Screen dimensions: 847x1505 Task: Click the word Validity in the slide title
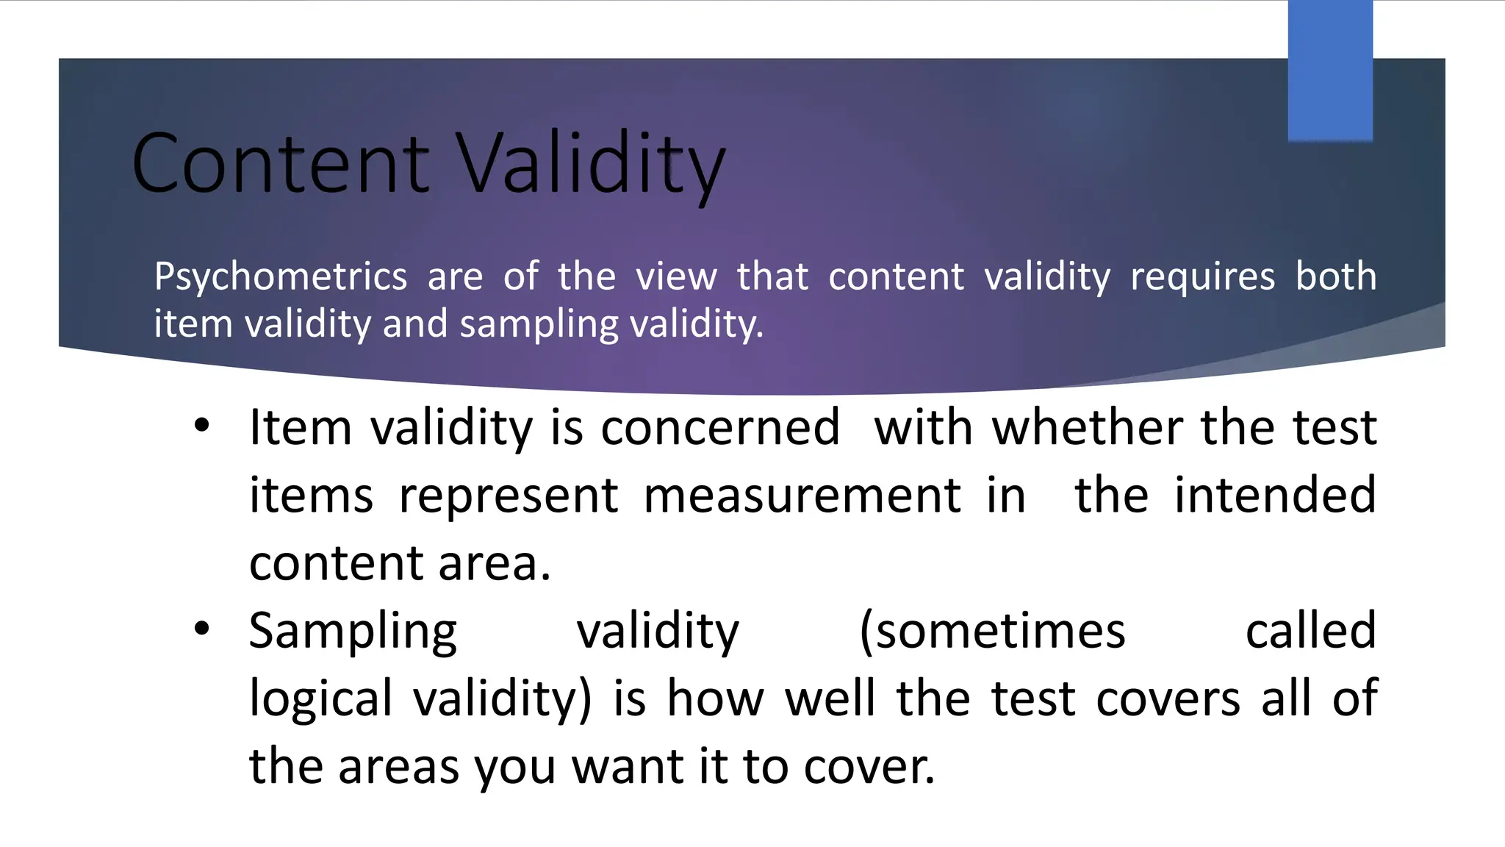click(x=592, y=163)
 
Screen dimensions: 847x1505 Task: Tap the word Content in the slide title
click(x=280, y=163)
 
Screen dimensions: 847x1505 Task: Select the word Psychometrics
click(x=280, y=277)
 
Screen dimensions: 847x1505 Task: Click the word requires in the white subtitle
click(x=1202, y=277)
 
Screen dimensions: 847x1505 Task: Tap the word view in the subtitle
click(x=676, y=277)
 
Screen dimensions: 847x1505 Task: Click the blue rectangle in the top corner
click(x=1330, y=71)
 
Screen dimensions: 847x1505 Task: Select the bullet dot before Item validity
click(x=202, y=426)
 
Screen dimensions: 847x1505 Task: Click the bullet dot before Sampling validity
click(x=202, y=629)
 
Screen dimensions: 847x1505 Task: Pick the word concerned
click(x=720, y=427)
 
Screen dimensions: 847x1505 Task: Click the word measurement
click(x=802, y=496)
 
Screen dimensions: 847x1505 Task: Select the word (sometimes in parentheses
click(x=992, y=631)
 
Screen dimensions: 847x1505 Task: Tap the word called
click(x=1310, y=630)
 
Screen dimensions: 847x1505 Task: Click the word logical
click(x=321, y=698)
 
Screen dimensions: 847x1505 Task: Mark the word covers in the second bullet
click(x=1168, y=698)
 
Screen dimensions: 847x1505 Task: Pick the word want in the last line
click(x=628, y=766)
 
